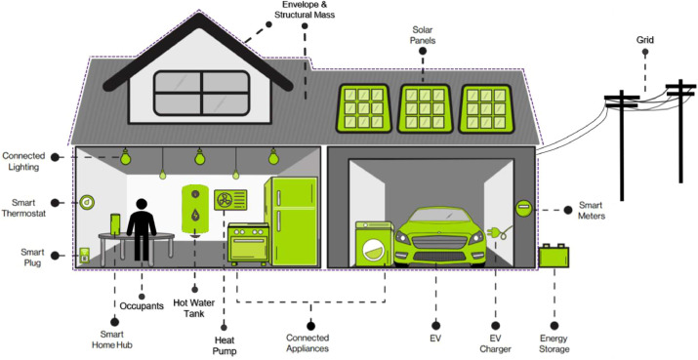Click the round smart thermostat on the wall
click(x=87, y=202)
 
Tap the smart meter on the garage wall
click(x=523, y=208)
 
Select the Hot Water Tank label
click(x=193, y=307)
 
